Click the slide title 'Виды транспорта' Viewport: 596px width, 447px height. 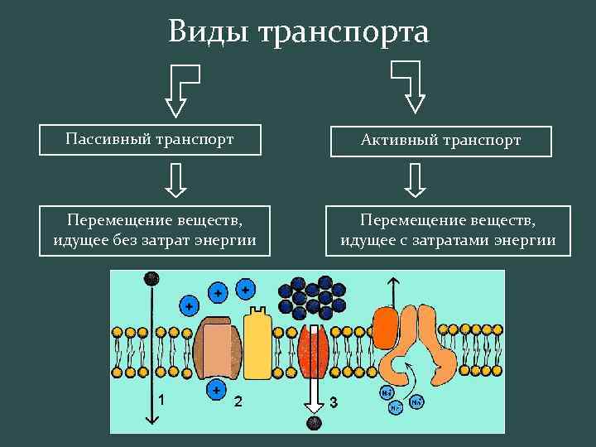click(x=298, y=32)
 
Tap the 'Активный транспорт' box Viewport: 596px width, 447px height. click(x=440, y=140)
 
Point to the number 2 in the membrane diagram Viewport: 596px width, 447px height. click(x=238, y=401)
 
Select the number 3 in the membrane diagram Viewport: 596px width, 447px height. click(x=333, y=402)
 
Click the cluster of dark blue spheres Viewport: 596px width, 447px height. click(x=312, y=296)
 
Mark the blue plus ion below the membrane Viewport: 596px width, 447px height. click(x=217, y=389)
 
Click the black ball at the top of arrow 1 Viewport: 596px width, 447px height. click(x=151, y=277)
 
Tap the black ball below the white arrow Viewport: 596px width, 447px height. click(x=313, y=424)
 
